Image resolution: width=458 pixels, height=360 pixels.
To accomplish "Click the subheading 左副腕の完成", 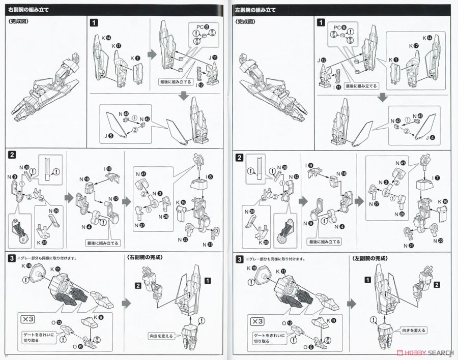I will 370,258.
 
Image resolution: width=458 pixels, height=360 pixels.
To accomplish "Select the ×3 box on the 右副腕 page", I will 28,320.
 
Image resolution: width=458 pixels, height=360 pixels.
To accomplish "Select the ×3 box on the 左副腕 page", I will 256,321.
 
